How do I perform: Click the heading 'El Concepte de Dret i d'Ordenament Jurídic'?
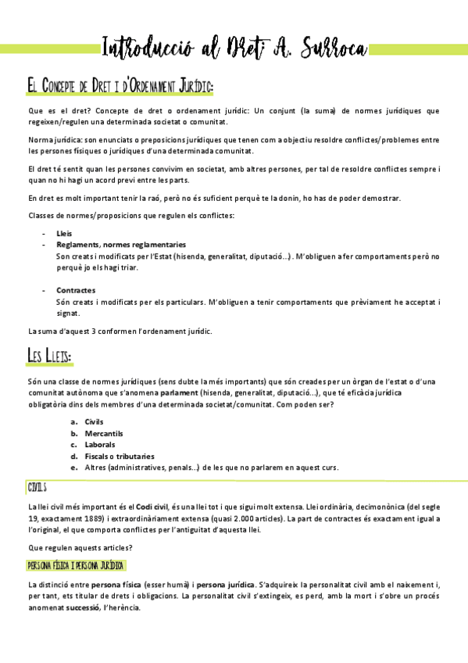[x=120, y=84]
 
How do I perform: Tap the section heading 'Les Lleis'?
[x=50, y=357]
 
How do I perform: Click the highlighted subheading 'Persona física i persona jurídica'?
[x=76, y=565]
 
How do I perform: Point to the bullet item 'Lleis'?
[x=64, y=234]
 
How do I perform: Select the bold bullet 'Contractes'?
[x=75, y=290]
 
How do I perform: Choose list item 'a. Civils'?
[x=94, y=421]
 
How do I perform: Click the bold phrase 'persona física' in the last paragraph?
[x=115, y=585]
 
